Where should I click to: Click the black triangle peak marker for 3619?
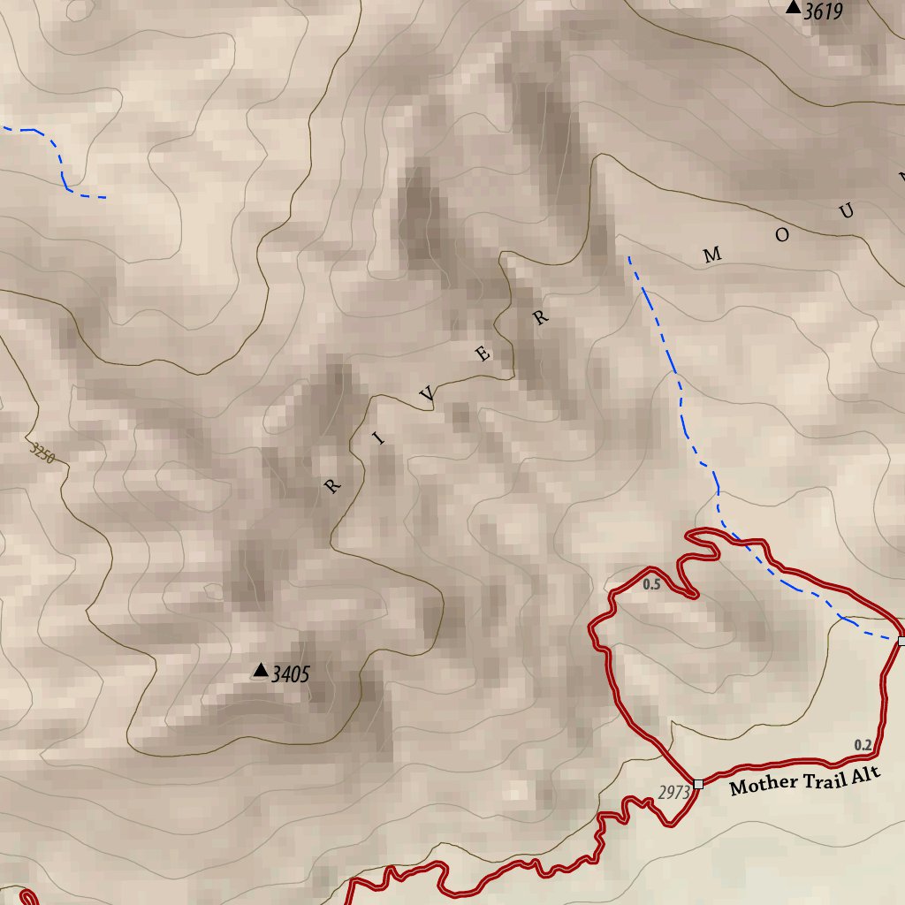click(793, 8)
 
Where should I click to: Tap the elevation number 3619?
click(823, 11)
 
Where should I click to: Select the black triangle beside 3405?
click(260, 671)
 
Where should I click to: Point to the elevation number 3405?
click(291, 675)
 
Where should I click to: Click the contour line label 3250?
click(42, 454)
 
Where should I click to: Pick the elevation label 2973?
click(673, 792)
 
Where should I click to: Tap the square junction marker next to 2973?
click(698, 784)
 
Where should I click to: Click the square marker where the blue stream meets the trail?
click(901, 640)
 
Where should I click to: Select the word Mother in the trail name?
click(764, 786)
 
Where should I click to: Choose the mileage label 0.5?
click(651, 584)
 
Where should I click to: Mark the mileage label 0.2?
click(863, 745)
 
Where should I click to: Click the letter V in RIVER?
click(428, 397)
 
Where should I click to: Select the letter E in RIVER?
click(483, 355)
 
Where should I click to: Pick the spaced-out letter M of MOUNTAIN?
click(712, 256)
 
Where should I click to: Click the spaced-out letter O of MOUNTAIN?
click(782, 234)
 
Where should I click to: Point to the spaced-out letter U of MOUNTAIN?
click(847, 211)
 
